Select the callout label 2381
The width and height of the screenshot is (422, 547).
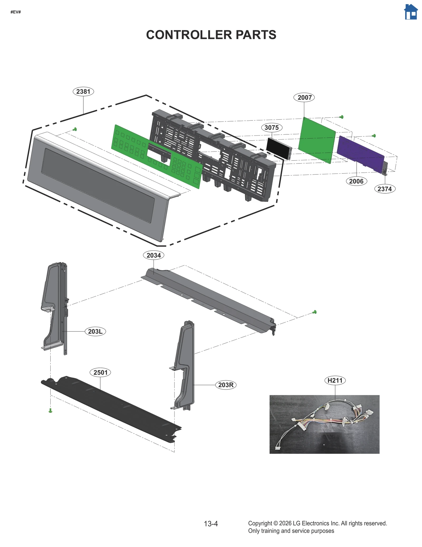[x=83, y=91]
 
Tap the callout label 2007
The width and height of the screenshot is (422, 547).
[x=304, y=97]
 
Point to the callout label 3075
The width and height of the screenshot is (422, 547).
[x=272, y=128]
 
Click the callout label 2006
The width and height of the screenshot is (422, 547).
[x=356, y=181]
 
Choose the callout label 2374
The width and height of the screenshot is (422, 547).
[x=385, y=189]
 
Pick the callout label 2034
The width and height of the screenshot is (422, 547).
[x=154, y=255]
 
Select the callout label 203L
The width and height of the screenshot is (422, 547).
[x=95, y=331]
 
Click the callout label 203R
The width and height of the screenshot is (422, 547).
[x=226, y=385]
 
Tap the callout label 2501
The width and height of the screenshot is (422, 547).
[x=100, y=372]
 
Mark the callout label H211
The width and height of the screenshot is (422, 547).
[x=335, y=380]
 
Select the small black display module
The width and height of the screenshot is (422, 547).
[x=278, y=148]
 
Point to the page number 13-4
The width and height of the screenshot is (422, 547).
[x=211, y=523]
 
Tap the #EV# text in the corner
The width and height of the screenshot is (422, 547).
[x=16, y=12]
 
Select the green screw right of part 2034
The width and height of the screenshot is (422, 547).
[x=314, y=312]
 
